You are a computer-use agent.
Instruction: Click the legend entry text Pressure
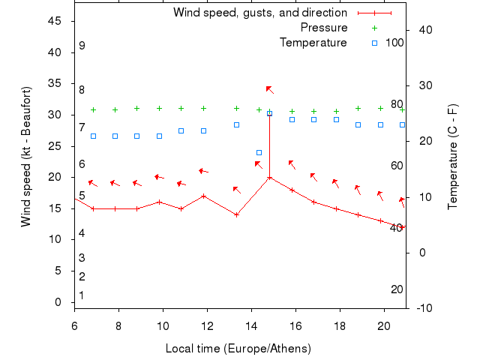coord(324,28)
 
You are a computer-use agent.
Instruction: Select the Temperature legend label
coord(313,43)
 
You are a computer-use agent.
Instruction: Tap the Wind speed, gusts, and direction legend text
coord(260,13)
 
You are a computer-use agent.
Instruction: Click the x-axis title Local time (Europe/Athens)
coord(238,349)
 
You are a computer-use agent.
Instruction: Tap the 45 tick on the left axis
coord(55,21)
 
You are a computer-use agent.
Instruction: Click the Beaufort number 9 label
coord(82,46)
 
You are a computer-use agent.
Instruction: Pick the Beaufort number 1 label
coord(82,295)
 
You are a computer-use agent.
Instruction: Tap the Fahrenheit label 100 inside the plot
coord(394,43)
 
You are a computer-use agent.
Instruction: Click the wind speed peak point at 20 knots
coord(269,178)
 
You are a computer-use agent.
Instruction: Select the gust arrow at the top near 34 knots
coord(269,90)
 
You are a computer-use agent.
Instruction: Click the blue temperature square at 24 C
coord(259,153)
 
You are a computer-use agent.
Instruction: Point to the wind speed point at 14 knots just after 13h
coord(236,214)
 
